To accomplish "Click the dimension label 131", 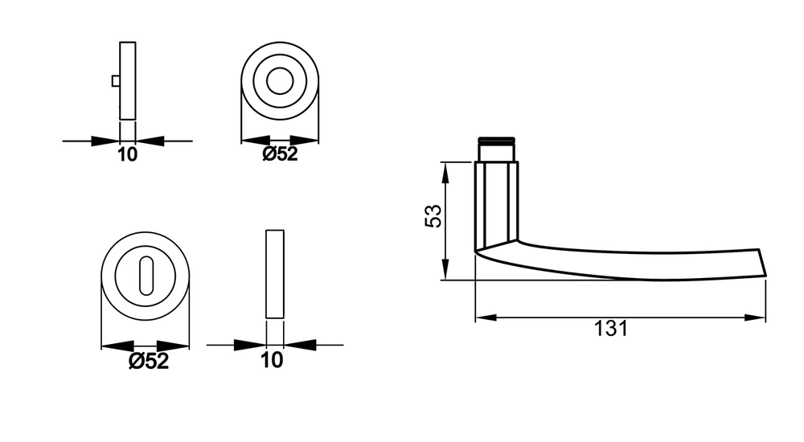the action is [x=611, y=329].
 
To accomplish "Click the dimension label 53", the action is [x=433, y=216].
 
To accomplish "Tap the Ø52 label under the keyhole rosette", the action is [x=148, y=361].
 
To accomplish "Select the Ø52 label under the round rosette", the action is [x=280, y=153].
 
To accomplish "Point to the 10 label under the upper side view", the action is [x=128, y=154].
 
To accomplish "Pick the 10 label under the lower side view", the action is [x=272, y=360].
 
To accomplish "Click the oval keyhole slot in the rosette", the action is [x=146, y=276].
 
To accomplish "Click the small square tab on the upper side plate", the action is [x=116, y=81].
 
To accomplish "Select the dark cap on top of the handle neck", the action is [x=496, y=140].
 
